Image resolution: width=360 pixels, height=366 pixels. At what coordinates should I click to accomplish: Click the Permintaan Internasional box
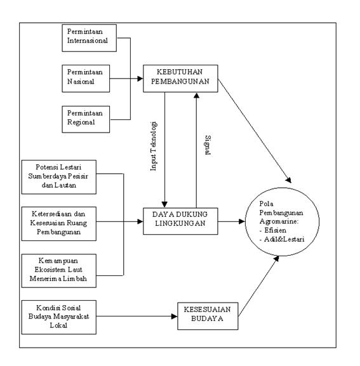pyautogui.click(x=90, y=38)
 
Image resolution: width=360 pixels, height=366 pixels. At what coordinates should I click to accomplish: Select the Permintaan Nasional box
pyautogui.click(x=86, y=79)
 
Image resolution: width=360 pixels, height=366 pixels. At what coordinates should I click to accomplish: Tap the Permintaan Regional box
pyautogui.click(x=86, y=119)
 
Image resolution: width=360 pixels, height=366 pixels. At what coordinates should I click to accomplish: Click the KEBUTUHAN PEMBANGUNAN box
pyautogui.click(x=180, y=79)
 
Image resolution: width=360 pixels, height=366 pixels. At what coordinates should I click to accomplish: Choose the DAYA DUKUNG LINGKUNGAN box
pyautogui.click(x=180, y=221)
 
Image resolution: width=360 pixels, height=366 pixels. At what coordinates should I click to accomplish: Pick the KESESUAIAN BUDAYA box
pyautogui.click(x=208, y=316)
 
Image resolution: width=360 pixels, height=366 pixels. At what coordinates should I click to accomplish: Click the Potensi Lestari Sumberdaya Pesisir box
pyautogui.click(x=59, y=177)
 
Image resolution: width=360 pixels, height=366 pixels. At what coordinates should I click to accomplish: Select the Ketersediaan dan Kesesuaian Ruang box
pyautogui.click(x=59, y=224)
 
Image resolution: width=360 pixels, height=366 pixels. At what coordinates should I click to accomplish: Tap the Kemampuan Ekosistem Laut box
pyautogui.click(x=59, y=271)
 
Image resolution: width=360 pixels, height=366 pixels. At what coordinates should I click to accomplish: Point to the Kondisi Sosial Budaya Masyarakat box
pyautogui.click(x=59, y=317)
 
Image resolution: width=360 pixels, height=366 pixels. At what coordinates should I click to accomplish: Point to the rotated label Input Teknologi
pyautogui.click(x=154, y=147)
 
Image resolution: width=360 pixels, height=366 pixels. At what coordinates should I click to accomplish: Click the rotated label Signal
pyautogui.click(x=208, y=145)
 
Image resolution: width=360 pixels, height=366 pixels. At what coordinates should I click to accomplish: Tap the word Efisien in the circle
pyautogui.click(x=275, y=230)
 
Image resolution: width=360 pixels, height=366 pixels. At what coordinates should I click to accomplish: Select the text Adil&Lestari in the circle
pyautogui.click(x=284, y=239)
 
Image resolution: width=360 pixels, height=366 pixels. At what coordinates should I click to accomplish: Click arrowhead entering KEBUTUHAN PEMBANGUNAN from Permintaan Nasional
pyautogui.click(x=140, y=79)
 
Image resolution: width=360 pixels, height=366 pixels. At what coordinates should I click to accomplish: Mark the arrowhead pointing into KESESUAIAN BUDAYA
pyautogui.click(x=175, y=317)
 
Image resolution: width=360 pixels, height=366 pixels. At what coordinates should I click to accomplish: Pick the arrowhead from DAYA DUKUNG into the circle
pyautogui.click(x=242, y=221)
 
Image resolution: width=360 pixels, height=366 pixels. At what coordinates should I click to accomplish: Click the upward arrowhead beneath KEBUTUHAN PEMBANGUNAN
pyautogui.click(x=196, y=95)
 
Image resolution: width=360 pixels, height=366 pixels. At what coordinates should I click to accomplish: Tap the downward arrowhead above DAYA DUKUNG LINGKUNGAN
pyautogui.click(x=164, y=204)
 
